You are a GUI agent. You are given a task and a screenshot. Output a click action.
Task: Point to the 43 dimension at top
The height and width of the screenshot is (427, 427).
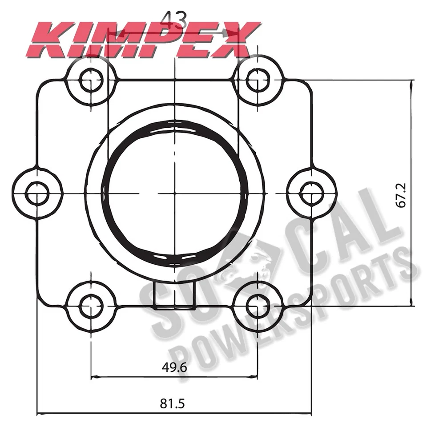(174, 19)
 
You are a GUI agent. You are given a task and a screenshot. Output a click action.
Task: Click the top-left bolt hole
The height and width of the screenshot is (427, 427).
(91, 80)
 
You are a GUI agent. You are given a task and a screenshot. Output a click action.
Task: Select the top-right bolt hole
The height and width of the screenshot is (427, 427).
(258, 80)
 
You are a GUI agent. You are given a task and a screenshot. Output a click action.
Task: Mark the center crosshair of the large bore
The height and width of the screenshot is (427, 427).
(175, 193)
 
